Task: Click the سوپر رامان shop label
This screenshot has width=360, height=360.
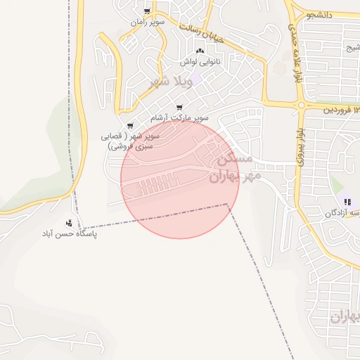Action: coord(147,22)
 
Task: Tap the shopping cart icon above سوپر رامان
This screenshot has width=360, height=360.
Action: coord(147,12)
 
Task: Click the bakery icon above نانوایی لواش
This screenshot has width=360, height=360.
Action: coord(200,51)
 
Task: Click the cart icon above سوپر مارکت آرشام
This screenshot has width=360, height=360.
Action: coord(179,107)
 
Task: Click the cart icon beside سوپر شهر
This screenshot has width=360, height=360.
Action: coord(130,127)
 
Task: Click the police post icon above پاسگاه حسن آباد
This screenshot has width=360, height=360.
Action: coord(68,222)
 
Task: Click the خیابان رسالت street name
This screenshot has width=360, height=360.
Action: coord(202,32)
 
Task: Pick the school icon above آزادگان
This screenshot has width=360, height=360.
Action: coord(347,202)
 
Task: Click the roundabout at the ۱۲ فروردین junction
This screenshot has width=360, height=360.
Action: coord(301,106)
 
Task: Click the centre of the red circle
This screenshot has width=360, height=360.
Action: coord(180,179)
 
